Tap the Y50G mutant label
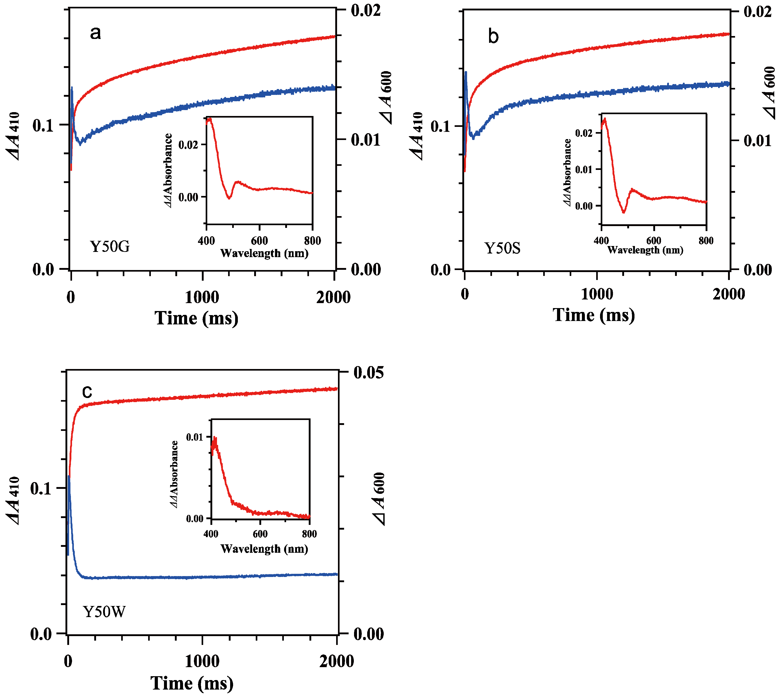pyautogui.click(x=110, y=247)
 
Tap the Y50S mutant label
pyautogui.click(x=502, y=249)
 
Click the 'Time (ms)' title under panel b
pyautogui.click(x=593, y=315)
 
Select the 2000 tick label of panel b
pyautogui.click(x=728, y=294)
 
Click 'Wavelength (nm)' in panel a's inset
pyautogui.click(x=264, y=253)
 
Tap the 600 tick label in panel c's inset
pyautogui.click(x=260, y=534)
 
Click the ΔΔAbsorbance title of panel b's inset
pyautogui.click(x=567, y=173)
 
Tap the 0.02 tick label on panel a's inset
pyautogui.click(x=189, y=145)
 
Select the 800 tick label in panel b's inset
pyautogui.click(x=706, y=241)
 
